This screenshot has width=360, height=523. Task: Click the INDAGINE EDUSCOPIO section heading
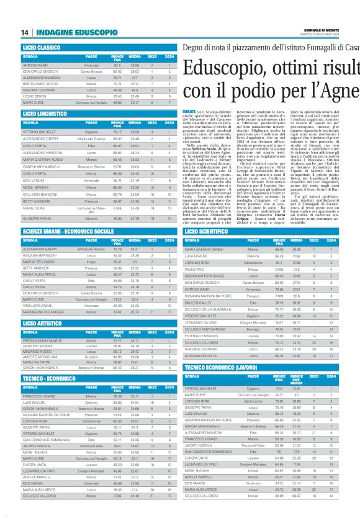[63, 32]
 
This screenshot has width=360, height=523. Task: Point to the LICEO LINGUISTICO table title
[45, 115]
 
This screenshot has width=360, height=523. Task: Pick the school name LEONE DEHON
[35, 96]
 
